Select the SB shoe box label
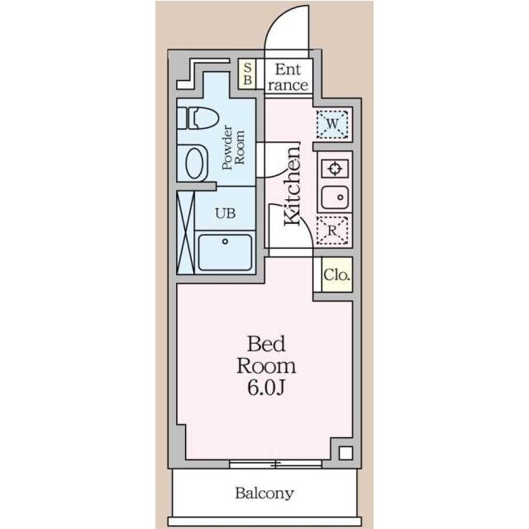(x=248, y=74)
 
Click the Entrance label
(x=288, y=77)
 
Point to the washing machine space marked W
(x=332, y=124)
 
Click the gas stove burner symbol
(x=335, y=168)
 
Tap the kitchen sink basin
(x=335, y=198)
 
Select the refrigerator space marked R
(x=332, y=231)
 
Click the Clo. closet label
(x=336, y=275)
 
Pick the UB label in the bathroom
(x=226, y=213)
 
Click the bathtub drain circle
(x=225, y=241)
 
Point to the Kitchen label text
(x=292, y=185)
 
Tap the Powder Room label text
(x=233, y=147)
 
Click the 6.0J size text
(x=266, y=388)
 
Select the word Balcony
(x=264, y=493)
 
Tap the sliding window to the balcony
(x=275, y=464)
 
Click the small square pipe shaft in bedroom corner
(x=346, y=453)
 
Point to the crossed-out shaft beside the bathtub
(x=186, y=232)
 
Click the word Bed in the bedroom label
(x=266, y=344)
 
